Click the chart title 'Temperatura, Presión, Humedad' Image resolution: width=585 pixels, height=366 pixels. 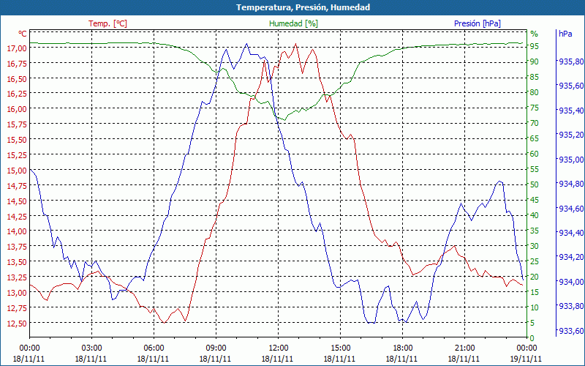(292, 7)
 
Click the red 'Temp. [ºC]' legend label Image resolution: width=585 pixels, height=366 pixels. (107, 23)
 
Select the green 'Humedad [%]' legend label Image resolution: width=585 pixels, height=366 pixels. (294, 23)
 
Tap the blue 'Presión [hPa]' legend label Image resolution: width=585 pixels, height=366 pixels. (478, 23)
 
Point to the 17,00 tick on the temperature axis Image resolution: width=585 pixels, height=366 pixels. (17, 48)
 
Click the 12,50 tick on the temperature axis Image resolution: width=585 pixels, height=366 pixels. (17, 323)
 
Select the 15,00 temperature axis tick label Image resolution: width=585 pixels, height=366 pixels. (17, 171)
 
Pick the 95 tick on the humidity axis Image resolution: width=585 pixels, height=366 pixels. (535, 46)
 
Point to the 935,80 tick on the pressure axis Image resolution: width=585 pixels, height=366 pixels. (570, 61)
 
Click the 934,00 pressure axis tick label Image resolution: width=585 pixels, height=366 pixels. (570, 282)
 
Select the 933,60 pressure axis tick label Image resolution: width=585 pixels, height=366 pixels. (570, 331)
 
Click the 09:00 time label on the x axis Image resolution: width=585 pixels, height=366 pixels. (216, 348)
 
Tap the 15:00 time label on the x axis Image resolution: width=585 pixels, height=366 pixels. (340, 348)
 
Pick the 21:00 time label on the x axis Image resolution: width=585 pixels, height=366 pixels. (464, 348)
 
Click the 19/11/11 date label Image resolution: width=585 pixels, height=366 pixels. (526, 359)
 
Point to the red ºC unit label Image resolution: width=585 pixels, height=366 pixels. (23, 34)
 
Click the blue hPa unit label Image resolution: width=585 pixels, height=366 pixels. (565, 34)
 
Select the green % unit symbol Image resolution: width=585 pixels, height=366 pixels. (534, 34)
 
